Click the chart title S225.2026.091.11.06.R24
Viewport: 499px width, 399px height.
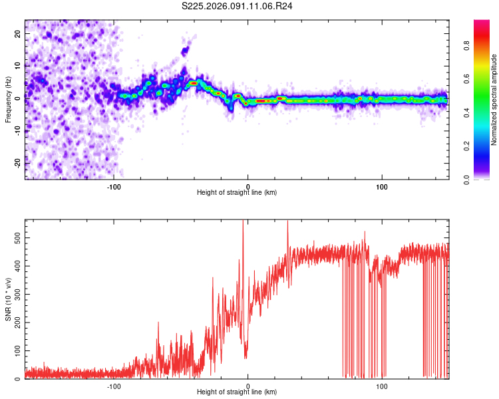238,6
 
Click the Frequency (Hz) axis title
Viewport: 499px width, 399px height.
8,100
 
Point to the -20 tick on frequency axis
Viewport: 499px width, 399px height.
18,162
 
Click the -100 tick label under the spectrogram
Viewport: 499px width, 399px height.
114,186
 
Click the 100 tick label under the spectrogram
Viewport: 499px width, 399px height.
382,186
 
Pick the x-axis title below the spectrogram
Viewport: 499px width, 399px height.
237,193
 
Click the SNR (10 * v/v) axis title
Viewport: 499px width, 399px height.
8,299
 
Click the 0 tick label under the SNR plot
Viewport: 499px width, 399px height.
248,385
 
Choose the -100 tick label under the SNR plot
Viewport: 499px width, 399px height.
114,385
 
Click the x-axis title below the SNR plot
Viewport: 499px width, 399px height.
237,392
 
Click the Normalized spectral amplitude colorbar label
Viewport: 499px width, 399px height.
494,100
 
